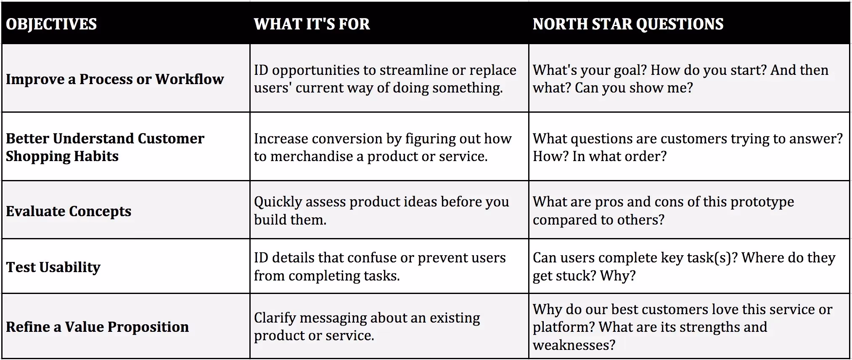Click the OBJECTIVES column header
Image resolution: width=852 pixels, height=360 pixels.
(x=51, y=24)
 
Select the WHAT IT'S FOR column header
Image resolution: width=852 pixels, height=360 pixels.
(x=312, y=24)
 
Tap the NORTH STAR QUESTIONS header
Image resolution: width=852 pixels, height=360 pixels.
(x=628, y=24)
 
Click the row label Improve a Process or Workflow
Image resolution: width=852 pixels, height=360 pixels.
(x=115, y=79)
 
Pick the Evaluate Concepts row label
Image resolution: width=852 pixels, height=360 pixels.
(x=69, y=211)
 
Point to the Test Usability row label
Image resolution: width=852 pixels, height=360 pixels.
(x=53, y=267)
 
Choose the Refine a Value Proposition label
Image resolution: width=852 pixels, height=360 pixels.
(x=97, y=327)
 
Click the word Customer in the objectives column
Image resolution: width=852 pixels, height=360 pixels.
(x=171, y=138)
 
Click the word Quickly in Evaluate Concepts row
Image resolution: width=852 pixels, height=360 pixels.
(x=278, y=202)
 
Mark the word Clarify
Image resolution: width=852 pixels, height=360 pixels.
(x=274, y=318)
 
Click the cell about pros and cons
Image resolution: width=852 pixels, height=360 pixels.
(x=688, y=210)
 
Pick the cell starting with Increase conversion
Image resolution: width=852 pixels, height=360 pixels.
(x=389, y=147)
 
